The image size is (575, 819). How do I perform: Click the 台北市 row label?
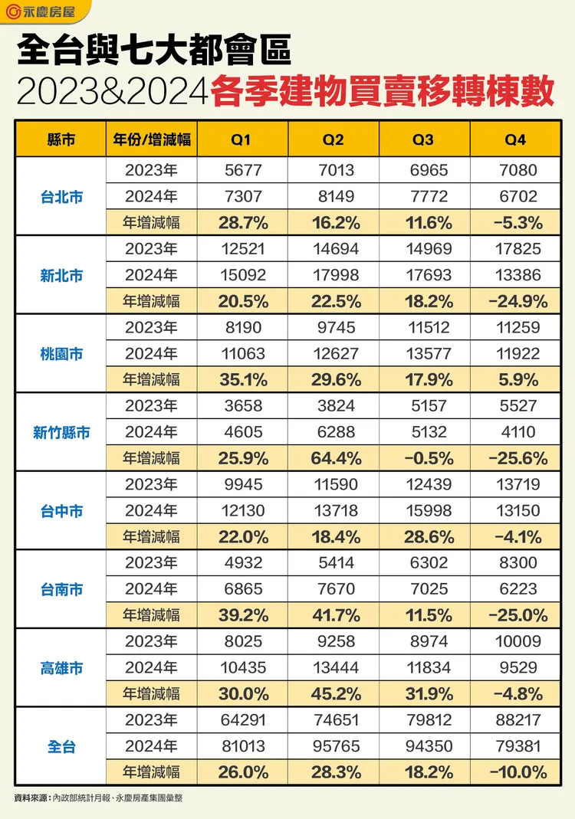coord(61,197)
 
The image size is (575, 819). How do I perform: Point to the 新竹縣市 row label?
coord(61,433)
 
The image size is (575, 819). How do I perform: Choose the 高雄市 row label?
coord(61,669)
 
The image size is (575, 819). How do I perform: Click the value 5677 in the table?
coord(242,170)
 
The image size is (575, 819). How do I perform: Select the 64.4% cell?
coord(333,458)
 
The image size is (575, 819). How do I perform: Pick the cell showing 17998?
coord(333,275)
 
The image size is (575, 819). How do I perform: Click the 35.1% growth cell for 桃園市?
coord(242,380)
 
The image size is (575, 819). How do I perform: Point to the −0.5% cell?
coord(423,458)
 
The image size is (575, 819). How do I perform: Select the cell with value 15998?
coord(423,511)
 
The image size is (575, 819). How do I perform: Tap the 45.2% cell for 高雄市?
coord(333,694)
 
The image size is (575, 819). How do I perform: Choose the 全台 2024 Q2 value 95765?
coord(333,746)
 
